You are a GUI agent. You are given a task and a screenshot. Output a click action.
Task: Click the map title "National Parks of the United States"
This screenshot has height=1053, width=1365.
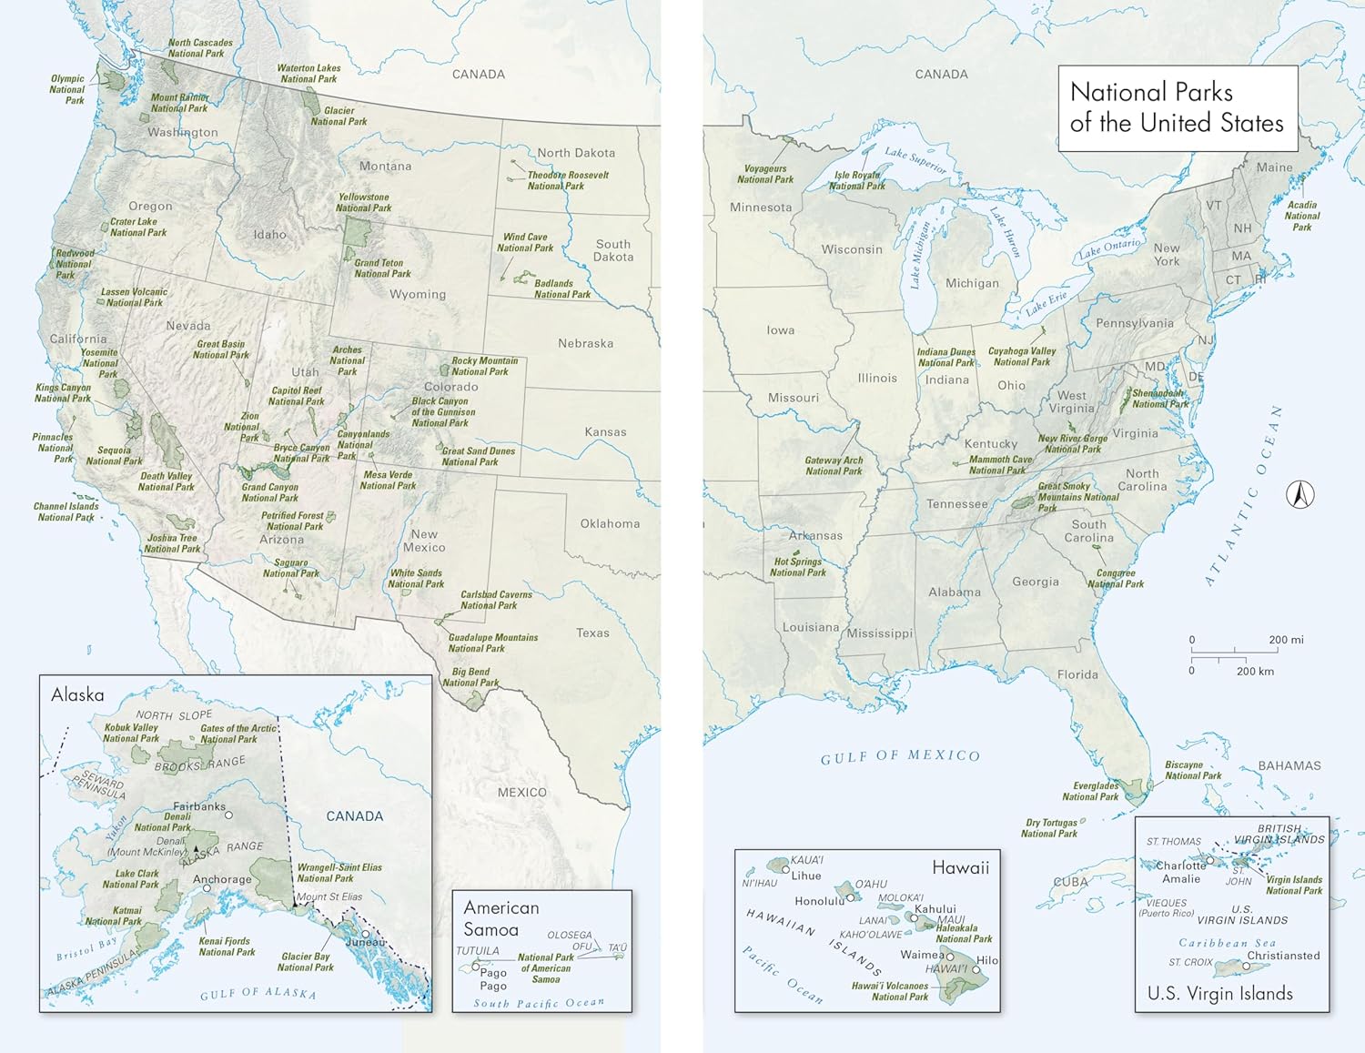click(1176, 107)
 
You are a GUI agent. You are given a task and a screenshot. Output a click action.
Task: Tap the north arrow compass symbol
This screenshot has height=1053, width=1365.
click(1300, 495)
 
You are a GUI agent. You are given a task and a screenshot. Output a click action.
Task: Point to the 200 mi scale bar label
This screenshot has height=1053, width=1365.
click(1285, 640)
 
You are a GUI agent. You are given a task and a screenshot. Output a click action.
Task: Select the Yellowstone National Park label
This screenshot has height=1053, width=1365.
click(363, 202)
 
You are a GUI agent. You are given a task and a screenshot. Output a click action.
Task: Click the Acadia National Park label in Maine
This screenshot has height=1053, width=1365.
click(1302, 216)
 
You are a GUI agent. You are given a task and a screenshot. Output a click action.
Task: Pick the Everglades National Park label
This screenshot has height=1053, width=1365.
click(1090, 791)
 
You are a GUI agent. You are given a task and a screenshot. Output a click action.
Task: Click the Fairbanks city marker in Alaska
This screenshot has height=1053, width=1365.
click(229, 815)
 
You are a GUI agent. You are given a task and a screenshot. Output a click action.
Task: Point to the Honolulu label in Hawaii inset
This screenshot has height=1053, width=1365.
click(820, 901)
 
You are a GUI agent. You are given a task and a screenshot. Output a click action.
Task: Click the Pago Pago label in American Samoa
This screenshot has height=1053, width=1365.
click(493, 979)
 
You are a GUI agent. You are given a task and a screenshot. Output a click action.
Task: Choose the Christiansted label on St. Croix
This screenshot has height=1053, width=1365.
click(1283, 956)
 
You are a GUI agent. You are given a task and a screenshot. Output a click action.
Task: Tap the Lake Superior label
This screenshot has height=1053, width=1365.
click(915, 160)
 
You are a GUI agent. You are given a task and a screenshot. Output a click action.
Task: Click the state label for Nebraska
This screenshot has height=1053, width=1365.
click(585, 343)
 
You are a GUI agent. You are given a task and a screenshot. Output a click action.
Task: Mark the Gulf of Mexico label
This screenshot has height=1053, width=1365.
click(900, 756)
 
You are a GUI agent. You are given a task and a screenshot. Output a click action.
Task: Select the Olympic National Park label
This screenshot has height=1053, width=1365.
click(67, 89)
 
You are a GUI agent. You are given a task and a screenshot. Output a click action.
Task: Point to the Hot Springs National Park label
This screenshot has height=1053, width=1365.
click(798, 567)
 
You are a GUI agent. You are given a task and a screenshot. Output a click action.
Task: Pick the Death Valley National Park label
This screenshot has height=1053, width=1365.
click(166, 481)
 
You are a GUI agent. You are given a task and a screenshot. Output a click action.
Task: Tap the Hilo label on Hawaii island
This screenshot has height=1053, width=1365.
click(987, 960)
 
